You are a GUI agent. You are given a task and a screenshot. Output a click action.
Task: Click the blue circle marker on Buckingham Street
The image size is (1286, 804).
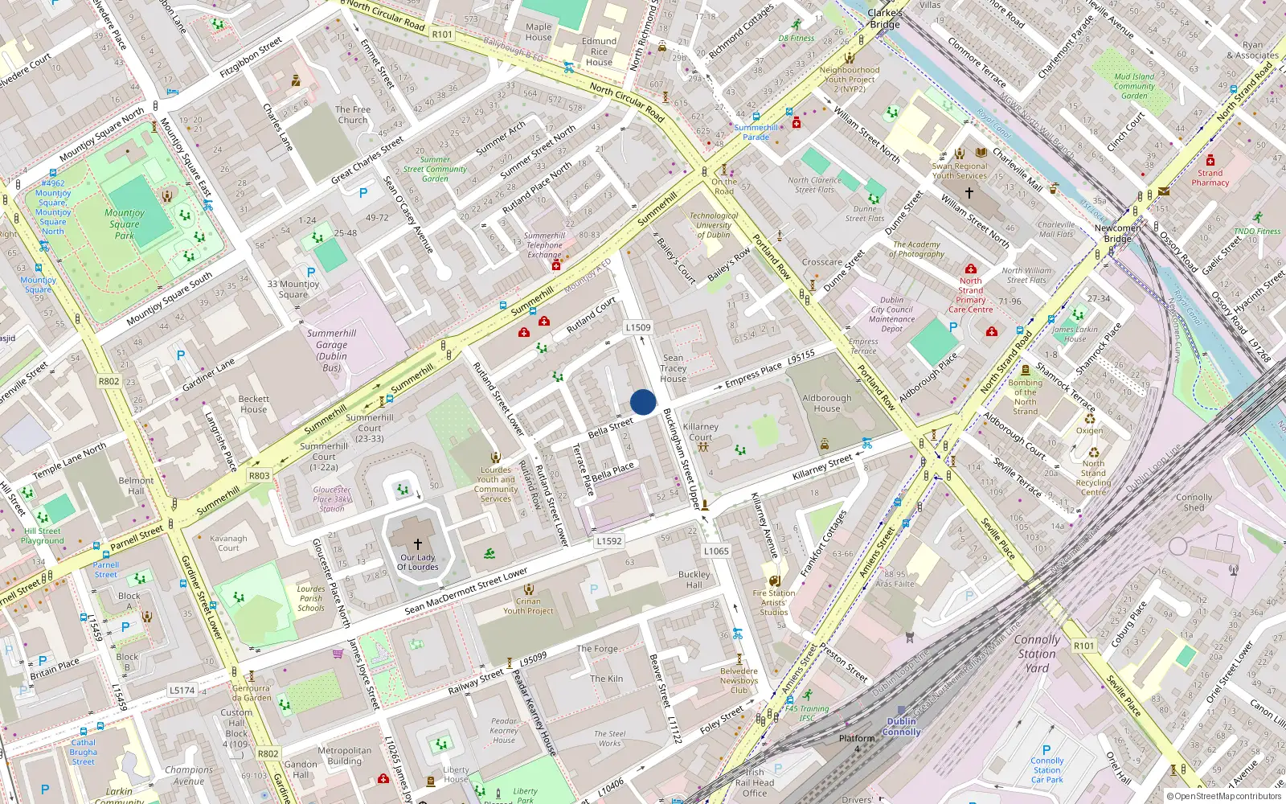tap(643, 402)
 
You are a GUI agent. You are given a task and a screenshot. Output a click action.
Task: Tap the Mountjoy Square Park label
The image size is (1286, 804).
tap(125, 224)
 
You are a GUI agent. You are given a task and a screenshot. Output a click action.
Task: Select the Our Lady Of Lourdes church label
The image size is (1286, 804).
tap(418, 562)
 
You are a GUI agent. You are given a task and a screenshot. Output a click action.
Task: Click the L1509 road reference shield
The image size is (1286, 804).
tap(638, 327)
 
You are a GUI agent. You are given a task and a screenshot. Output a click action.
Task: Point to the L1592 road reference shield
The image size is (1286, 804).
tap(609, 541)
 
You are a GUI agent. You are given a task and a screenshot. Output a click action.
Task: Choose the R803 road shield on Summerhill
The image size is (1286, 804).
tap(260, 476)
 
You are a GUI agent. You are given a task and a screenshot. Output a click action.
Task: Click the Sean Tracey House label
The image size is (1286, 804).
tap(674, 368)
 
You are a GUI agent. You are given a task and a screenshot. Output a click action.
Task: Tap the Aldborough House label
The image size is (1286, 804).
tap(826, 403)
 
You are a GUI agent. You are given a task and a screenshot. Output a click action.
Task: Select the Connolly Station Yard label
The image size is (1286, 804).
tap(1037, 653)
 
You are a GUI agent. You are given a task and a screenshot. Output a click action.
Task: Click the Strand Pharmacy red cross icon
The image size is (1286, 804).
tap(1210, 161)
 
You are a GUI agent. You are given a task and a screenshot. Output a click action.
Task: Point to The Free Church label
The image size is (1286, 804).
tap(353, 115)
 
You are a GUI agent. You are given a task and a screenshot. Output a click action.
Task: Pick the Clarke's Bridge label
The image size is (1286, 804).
tap(885, 18)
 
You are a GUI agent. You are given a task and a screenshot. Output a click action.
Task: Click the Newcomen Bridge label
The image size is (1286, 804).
tap(1117, 233)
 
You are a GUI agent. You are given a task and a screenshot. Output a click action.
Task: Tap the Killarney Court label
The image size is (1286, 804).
tap(701, 433)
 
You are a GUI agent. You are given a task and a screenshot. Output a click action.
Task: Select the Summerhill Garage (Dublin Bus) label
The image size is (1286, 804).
tap(331, 350)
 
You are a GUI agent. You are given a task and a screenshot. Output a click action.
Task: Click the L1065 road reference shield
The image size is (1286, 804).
tap(716, 551)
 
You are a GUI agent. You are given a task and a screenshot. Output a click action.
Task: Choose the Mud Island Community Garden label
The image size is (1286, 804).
tap(1134, 86)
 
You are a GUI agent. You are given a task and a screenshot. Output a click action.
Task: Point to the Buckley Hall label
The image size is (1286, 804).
tap(694, 580)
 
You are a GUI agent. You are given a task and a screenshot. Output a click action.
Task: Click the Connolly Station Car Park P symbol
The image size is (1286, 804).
tap(1046, 750)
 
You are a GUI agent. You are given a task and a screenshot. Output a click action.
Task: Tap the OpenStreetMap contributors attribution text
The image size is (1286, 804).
tap(1224, 797)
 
